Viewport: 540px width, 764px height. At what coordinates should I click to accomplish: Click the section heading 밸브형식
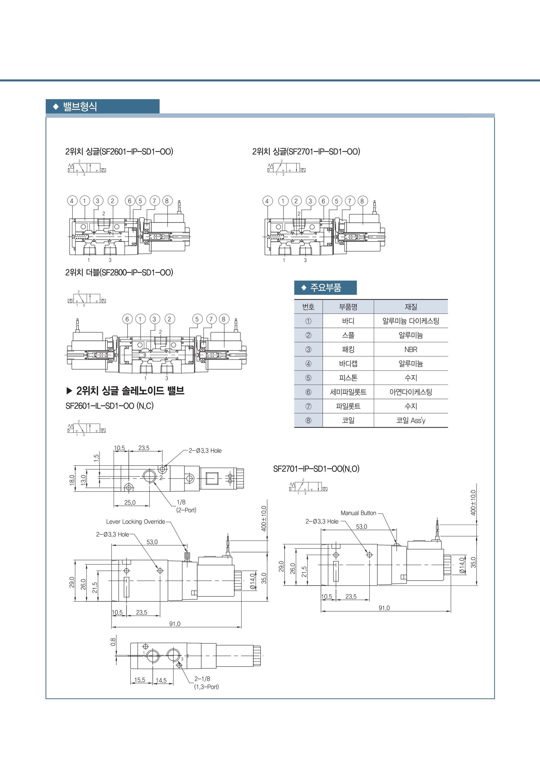[80, 107]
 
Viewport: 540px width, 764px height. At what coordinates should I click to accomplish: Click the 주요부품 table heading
[326, 287]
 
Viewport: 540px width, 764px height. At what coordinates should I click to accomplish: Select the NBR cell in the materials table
[411, 349]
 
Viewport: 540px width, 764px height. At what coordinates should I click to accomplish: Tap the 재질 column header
[411, 307]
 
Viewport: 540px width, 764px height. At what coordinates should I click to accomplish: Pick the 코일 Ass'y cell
[411, 420]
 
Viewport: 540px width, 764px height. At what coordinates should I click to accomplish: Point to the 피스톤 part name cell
[348, 378]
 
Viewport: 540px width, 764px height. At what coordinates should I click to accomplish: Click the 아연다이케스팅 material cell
[411, 392]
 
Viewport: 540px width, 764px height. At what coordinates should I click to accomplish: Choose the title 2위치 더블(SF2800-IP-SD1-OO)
[119, 273]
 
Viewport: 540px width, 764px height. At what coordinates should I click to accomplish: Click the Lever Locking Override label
[136, 521]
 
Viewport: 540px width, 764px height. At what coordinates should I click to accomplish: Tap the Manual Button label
[358, 513]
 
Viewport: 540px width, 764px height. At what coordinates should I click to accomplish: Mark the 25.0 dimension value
[130, 502]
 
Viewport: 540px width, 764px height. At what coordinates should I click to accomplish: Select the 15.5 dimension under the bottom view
[140, 680]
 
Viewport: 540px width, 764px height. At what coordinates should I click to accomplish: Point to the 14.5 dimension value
[161, 680]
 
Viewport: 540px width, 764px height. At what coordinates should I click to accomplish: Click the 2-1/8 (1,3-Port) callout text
[206, 682]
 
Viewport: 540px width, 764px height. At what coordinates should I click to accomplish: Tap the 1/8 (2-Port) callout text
[186, 506]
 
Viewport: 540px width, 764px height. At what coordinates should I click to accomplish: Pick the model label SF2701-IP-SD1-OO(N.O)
[316, 468]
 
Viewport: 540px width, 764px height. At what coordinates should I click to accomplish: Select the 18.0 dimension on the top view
[72, 480]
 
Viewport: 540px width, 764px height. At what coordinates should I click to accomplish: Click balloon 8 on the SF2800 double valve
[223, 319]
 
